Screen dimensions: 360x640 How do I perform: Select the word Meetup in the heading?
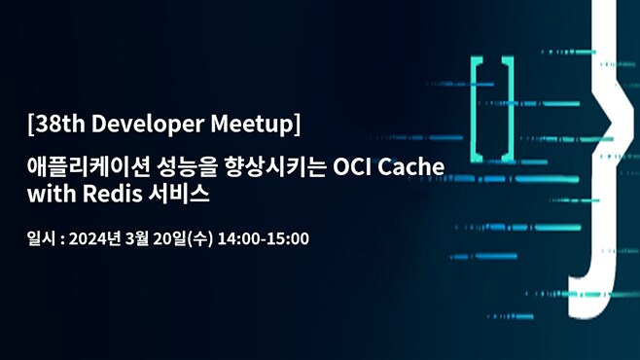tap(254, 126)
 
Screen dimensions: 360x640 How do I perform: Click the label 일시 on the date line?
tap(41, 238)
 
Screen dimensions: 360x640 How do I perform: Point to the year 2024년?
tap(99, 238)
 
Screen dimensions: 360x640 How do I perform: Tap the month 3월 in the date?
tap(151, 238)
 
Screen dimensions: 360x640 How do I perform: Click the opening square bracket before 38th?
tap(32, 126)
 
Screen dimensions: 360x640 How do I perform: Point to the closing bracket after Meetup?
tap(296, 126)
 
